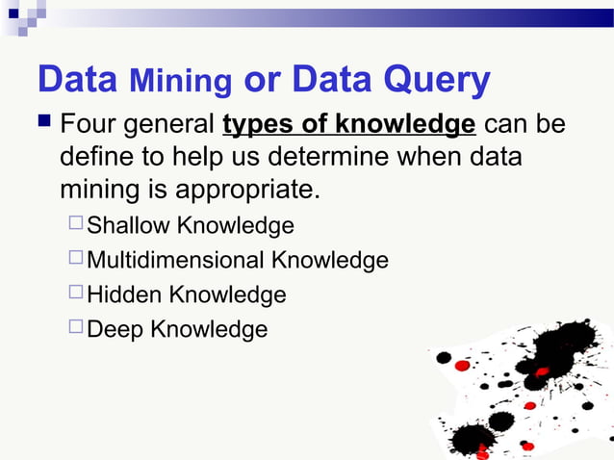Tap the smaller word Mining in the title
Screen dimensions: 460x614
[180, 84]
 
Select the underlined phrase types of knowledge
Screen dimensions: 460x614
[348, 126]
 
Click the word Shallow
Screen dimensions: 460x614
[128, 226]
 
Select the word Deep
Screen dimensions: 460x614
[115, 330]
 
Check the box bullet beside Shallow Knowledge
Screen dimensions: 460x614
[76, 225]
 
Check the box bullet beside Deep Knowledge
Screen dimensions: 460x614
[76, 329]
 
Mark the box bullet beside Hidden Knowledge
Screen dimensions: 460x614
[76, 294]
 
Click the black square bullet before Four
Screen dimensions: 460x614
[44, 125]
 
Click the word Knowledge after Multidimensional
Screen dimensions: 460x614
[329, 261]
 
